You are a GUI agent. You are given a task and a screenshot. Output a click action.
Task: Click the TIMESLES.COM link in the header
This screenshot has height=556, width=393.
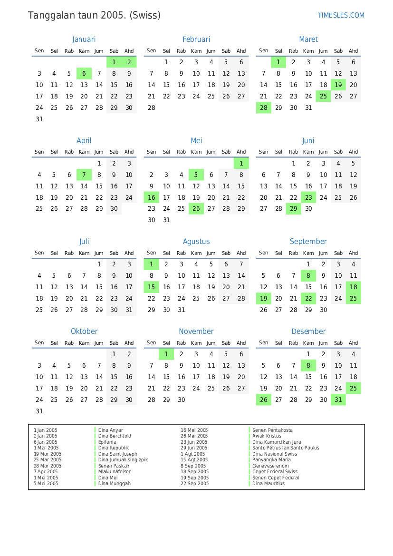click(x=341, y=15)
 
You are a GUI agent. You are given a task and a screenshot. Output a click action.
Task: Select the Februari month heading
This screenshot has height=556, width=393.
click(x=196, y=39)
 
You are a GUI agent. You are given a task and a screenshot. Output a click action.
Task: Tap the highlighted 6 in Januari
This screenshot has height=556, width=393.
click(x=84, y=73)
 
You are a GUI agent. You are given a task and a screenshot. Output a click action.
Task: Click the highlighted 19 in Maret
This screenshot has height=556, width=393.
click(x=338, y=85)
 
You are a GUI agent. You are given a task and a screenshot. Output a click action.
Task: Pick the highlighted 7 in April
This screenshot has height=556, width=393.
click(x=84, y=175)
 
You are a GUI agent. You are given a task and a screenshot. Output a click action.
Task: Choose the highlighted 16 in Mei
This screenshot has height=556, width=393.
click(x=152, y=197)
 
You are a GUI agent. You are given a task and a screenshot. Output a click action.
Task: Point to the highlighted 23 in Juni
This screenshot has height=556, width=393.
click(x=308, y=197)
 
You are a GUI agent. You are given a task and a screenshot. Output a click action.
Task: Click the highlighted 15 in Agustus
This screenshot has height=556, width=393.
click(x=152, y=287)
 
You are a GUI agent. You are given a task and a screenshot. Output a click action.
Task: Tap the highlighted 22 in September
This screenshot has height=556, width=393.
click(x=308, y=298)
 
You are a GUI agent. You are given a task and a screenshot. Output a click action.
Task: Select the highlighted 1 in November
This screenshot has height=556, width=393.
click(x=166, y=354)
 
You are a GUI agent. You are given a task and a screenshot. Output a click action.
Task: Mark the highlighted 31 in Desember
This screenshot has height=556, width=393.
click(x=338, y=400)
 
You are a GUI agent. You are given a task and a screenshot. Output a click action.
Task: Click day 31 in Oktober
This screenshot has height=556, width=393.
click(x=39, y=411)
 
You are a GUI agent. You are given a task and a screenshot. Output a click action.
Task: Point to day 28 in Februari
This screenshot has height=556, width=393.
click(x=152, y=107)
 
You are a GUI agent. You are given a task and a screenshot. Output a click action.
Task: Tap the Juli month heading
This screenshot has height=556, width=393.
click(x=84, y=242)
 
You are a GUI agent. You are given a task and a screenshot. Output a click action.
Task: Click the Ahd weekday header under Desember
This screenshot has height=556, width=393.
click(x=353, y=342)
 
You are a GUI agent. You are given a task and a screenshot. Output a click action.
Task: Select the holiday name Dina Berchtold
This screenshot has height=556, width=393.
click(x=115, y=436)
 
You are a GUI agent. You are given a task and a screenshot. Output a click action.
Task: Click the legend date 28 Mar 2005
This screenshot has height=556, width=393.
click(x=48, y=466)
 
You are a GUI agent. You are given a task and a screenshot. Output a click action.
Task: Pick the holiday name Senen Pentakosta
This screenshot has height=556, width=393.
click(x=272, y=430)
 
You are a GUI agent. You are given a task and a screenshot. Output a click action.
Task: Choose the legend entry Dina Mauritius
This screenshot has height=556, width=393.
click(x=268, y=483)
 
